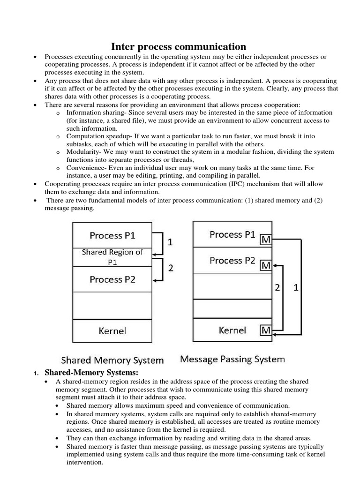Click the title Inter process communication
pos(178,46)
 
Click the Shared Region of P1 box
pos(112,257)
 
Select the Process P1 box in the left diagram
pos(112,235)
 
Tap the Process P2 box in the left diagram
pos(112,279)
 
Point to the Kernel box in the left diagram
pos(112,331)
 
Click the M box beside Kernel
pos(266,330)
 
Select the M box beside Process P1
pos(266,240)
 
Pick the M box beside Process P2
pos(266,265)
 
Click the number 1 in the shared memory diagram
pos(171,242)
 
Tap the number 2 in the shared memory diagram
pos(171,269)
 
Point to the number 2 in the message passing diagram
pos(278,289)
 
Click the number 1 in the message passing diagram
pos(296,289)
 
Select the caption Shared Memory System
pos(112,360)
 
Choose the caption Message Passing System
pos(232,360)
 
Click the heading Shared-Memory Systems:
pos(91,373)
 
